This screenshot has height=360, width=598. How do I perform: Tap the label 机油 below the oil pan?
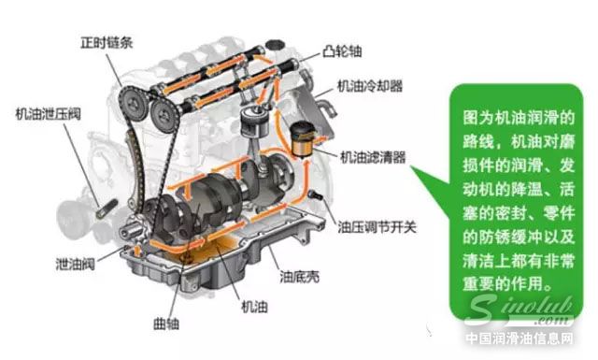pos(257,306)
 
